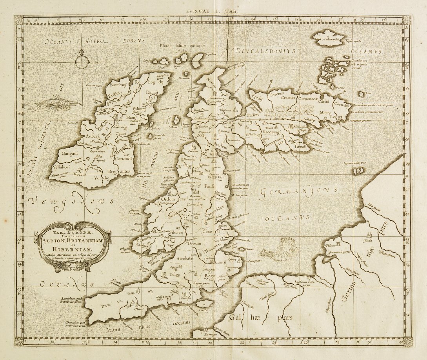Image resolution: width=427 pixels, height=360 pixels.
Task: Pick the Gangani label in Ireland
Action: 69,153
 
